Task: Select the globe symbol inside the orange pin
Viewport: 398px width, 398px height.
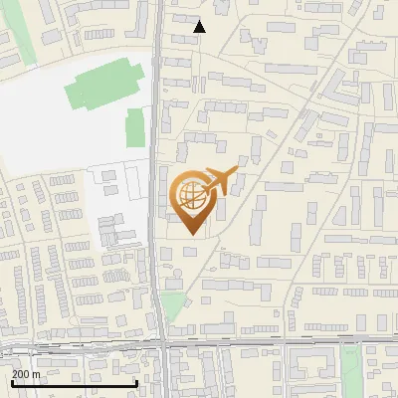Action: (192, 194)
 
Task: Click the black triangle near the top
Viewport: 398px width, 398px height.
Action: (199, 27)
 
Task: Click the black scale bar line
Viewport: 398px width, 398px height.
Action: (75, 383)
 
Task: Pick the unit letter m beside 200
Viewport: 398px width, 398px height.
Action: (37, 374)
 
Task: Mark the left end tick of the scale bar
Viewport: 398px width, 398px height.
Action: (12, 381)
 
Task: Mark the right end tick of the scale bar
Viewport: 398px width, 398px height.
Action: (136, 381)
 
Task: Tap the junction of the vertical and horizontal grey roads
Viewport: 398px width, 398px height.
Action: (161, 344)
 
